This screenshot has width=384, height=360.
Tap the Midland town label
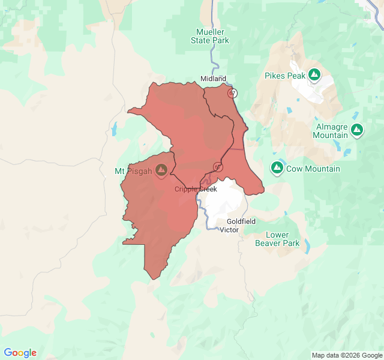click(x=213, y=79)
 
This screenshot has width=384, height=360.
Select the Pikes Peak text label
click(x=285, y=76)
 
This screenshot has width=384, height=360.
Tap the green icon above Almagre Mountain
click(x=357, y=130)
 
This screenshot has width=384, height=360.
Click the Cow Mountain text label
click(x=313, y=169)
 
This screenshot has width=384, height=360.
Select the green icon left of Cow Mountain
click(x=277, y=168)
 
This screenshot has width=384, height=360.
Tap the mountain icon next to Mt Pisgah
click(x=161, y=171)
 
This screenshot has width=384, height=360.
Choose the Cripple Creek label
click(x=196, y=189)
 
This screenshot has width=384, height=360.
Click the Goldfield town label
click(x=241, y=221)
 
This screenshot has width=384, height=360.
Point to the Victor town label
click(x=229, y=230)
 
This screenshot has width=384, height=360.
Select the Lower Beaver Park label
click(x=277, y=239)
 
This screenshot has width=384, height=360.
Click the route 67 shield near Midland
click(x=232, y=93)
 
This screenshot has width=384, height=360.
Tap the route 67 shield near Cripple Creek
click(x=218, y=167)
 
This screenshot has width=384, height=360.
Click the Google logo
click(x=20, y=353)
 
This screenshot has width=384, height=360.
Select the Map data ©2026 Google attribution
click(x=347, y=355)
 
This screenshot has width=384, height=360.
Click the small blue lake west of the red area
click(x=113, y=128)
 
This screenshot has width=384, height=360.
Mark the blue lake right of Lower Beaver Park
click(x=307, y=246)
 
